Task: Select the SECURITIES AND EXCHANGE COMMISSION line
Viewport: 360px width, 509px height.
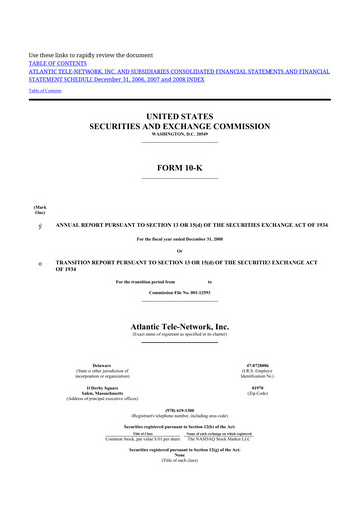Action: pos(180,128)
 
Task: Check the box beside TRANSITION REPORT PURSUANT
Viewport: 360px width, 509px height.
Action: pos(38,263)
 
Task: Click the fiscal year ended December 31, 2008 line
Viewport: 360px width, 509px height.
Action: pos(180,240)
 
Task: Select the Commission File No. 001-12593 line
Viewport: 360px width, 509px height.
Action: pos(180,294)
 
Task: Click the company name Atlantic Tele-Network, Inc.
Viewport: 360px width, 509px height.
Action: pos(180,325)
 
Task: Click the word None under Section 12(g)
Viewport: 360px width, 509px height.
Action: pos(180,457)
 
